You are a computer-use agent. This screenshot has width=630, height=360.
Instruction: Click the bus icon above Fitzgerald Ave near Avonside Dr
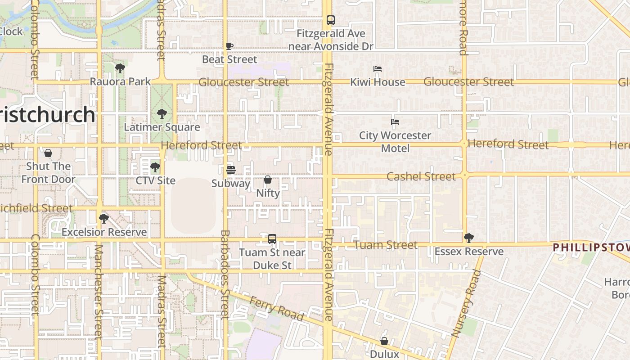click(x=331, y=20)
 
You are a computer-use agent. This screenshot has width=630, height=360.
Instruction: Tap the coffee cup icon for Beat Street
click(x=229, y=46)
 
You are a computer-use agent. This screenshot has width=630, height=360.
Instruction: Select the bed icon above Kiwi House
click(x=378, y=69)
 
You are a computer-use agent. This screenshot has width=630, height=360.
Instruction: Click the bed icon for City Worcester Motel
click(x=395, y=122)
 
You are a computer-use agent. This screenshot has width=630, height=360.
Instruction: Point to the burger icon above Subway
click(x=231, y=170)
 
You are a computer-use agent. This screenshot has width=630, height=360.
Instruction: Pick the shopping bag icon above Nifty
click(x=268, y=180)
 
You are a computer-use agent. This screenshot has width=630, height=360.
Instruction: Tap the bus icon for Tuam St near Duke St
click(x=272, y=239)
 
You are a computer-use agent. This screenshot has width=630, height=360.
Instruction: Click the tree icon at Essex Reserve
click(x=469, y=238)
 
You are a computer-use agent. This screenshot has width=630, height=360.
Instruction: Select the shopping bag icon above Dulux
click(x=384, y=341)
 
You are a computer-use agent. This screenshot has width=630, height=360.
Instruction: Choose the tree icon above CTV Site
click(x=155, y=167)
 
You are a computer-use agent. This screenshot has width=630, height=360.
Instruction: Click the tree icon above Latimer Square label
click(x=162, y=114)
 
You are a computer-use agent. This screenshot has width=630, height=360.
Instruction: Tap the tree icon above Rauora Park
click(x=120, y=68)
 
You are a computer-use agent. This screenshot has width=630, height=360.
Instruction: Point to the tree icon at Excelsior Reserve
click(x=104, y=219)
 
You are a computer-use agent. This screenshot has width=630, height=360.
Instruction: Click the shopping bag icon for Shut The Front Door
click(x=48, y=153)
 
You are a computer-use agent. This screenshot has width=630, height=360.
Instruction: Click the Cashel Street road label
click(x=421, y=176)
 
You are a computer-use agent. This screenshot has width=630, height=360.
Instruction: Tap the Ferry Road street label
click(x=276, y=308)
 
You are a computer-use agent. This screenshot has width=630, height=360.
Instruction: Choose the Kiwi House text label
click(x=378, y=82)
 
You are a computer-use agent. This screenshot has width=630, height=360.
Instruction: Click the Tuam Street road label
click(x=385, y=245)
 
